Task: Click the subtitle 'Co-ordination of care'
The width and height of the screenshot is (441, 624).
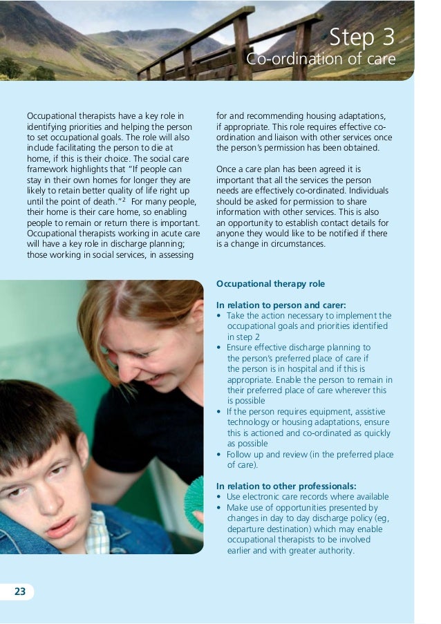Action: pyautogui.click(x=321, y=60)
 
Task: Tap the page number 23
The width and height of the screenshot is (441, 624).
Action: pyautogui.click(x=19, y=591)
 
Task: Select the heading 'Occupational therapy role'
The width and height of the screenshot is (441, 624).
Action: pyautogui.click(x=270, y=284)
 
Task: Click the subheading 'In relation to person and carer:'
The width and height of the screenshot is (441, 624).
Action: pyautogui.click(x=281, y=305)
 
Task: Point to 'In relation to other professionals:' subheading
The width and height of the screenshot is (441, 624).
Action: pyautogui.click(x=287, y=486)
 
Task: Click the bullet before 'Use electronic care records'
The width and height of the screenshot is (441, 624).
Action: pyautogui.click(x=219, y=497)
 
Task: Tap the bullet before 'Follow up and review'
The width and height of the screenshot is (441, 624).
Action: pyautogui.click(x=219, y=454)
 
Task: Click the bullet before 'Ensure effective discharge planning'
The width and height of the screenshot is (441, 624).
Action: pyautogui.click(x=219, y=348)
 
